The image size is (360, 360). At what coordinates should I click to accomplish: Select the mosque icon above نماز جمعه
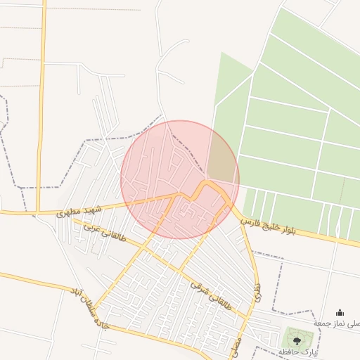[340, 313]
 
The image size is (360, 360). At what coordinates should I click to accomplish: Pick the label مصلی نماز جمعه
[336, 323]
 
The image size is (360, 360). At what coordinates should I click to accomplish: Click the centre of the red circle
[180, 179]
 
